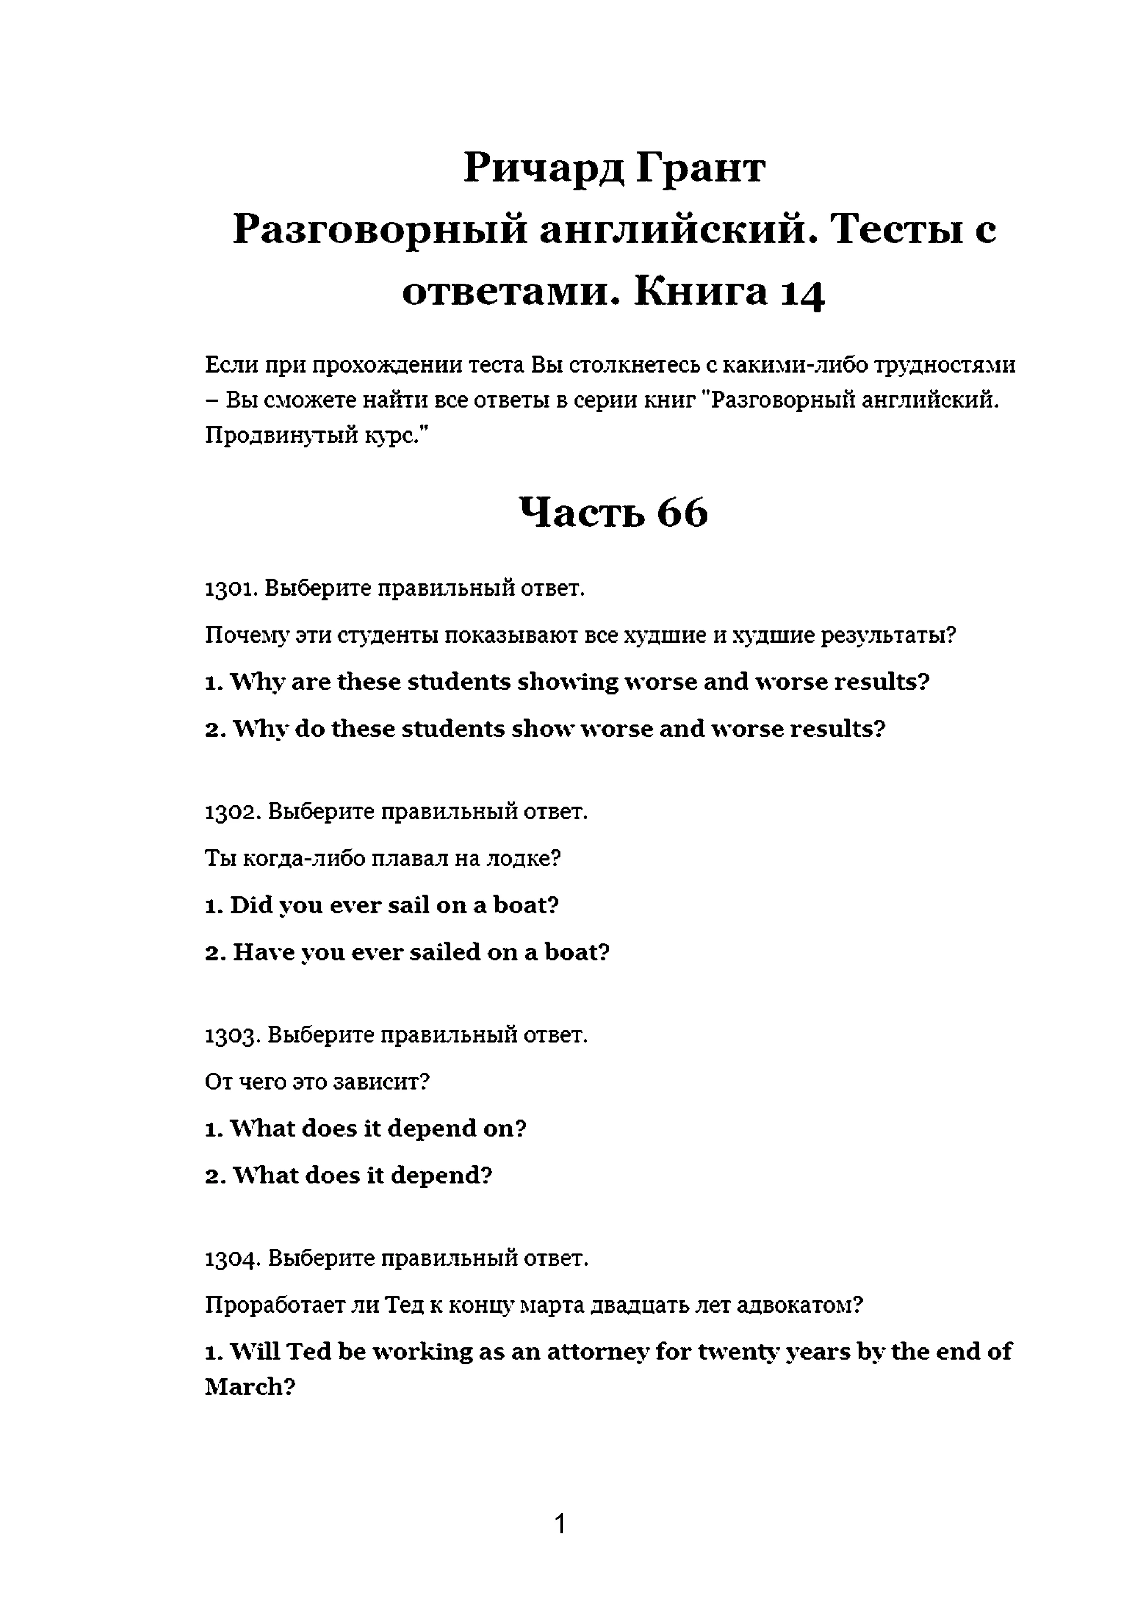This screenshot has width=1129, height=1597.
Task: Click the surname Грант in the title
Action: click(700, 168)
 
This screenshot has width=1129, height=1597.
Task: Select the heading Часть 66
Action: click(613, 512)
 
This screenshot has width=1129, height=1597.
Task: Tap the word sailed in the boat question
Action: click(445, 952)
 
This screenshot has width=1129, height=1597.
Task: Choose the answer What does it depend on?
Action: click(366, 1129)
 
